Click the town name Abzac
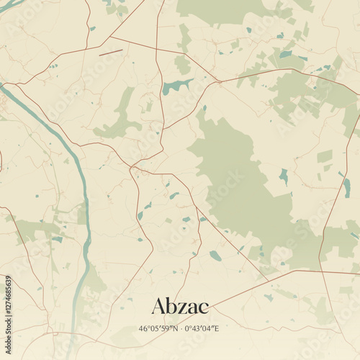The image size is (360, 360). pos(180,306)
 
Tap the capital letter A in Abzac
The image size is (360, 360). pos(160,306)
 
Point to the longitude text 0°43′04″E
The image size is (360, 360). pos(202,328)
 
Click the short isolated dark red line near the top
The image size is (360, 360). pos(110,52)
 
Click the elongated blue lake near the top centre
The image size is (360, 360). pos(176,86)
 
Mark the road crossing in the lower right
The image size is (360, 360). pos(320,272)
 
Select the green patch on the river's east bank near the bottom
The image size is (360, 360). pos(94,281)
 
